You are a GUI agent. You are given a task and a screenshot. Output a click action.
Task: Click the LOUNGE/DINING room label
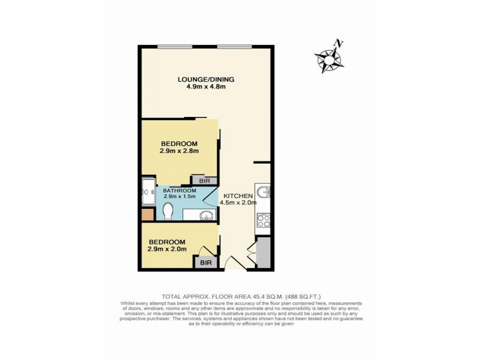[205, 79]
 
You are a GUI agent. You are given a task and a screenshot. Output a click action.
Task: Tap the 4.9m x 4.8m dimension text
[205, 87]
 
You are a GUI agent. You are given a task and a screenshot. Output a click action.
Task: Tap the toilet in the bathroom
[169, 211]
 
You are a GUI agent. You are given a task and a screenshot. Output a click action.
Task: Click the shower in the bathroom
[148, 191]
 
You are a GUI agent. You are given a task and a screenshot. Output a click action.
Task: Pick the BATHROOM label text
[180, 190]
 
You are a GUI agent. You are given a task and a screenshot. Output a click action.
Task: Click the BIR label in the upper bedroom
[196, 180]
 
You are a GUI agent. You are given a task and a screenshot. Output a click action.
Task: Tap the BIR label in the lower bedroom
[205, 262]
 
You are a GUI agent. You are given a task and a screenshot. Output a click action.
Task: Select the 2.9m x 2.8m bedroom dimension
[179, 151]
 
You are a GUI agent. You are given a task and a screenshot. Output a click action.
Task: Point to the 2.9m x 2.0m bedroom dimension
[167, 249]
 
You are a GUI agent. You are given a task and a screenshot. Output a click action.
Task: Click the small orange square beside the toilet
[147, 215]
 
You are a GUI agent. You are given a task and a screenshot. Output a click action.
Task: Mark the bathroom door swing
[210, 195]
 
